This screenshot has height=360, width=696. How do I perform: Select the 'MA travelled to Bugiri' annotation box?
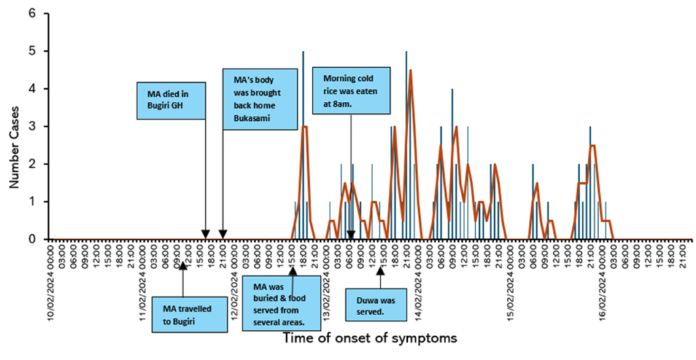coord(190,314)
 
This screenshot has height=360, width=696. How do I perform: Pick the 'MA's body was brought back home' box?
coord(260,98)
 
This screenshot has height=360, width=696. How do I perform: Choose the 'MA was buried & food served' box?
coord(281,302)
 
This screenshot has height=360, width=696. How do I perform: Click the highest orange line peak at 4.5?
coord(411,70)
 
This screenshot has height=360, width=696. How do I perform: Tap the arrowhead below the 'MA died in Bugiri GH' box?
coord(205,235)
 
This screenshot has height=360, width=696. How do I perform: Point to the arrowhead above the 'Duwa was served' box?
coord(381,270)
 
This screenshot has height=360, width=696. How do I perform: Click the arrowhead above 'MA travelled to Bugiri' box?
coord(181,266)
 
